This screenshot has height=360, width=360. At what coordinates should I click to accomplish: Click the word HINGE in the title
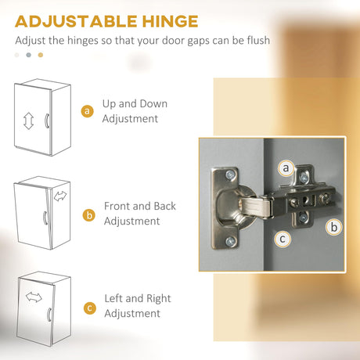click(x=170, y=21)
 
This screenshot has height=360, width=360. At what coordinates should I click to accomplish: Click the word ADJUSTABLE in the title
click(x=76, y=21)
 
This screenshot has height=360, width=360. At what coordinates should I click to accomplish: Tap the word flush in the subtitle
click(x=258, y=41)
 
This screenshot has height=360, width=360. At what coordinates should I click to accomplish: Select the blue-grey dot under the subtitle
click(x=29, y=55)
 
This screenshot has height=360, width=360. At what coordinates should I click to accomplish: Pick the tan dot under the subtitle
click(x=41, y=55)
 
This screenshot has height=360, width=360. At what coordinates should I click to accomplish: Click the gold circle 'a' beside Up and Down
click(x=88, y=111)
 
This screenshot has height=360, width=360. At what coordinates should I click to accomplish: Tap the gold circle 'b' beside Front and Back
click(x=89, y=215)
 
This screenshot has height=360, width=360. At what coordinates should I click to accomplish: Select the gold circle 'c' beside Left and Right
click(x=90, y=308)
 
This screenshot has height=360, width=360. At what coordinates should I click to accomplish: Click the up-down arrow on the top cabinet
click(x=28, y=121)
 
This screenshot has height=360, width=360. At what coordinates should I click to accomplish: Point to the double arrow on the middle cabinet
click(x=60, y=196)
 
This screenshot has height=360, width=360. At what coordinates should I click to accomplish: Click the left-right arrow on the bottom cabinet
click(x=34, y=297)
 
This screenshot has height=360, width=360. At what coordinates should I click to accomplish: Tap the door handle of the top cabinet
click(x=47, y=121)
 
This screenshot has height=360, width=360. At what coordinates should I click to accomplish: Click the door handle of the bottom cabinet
click(x=49, y=315)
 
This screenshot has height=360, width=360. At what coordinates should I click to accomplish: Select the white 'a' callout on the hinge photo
click(x=286, y=168)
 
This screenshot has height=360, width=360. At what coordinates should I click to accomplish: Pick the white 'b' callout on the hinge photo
click(x=334, y=227)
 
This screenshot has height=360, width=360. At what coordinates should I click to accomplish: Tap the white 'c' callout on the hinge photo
click(x=283, y=239)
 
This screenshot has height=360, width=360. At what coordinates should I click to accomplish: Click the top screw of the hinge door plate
click(x=230, y=175)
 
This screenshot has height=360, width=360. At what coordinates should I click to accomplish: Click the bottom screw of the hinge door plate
click(x=230, y=242)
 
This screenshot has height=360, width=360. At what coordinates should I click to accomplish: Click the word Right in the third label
click(x=159, y=299)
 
